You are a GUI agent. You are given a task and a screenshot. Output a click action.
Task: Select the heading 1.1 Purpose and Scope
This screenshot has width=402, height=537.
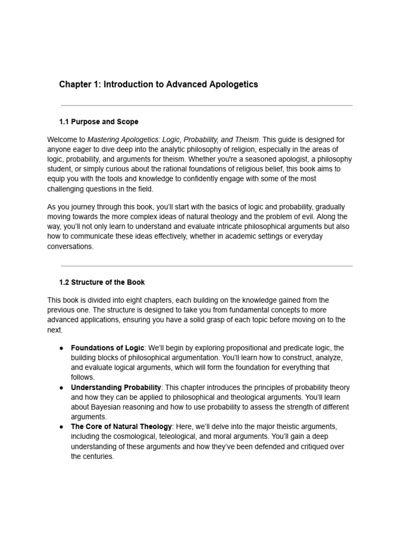[x=99, y=122]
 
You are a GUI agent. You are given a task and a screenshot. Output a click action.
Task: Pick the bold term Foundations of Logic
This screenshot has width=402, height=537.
[x=107, y=348]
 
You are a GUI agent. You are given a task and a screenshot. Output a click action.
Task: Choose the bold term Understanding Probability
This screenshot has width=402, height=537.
[x=116, y=388]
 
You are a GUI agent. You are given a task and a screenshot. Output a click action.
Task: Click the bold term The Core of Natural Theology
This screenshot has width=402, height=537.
[x=121, y=427]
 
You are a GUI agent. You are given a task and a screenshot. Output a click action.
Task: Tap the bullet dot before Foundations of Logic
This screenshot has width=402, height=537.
[x=61, y=348]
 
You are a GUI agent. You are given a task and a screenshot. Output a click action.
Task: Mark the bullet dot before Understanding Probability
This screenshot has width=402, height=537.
[x=61, y=388]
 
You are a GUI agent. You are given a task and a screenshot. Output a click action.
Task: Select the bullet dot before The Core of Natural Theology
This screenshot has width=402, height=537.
[x=61, y=427]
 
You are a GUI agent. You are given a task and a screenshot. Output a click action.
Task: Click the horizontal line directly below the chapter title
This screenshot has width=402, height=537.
[x=206, y=105]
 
